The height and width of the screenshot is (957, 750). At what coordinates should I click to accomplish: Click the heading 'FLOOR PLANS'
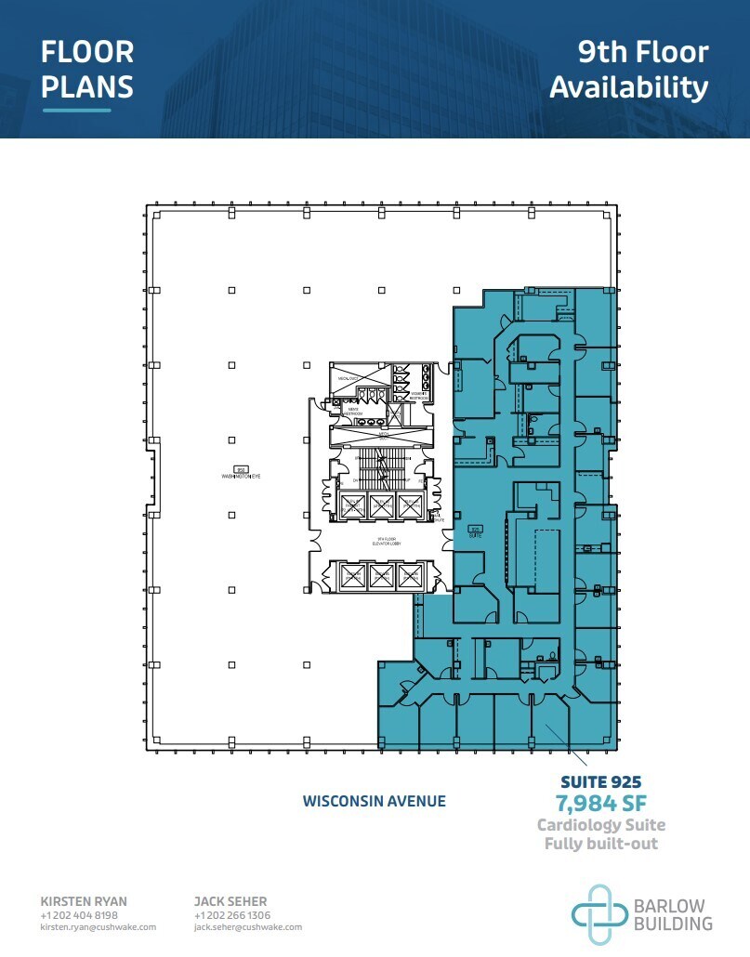click(87, 69)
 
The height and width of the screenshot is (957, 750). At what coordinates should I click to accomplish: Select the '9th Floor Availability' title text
click(629, 69)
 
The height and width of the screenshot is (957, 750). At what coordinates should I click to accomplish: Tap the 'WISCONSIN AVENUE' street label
click(374, 801)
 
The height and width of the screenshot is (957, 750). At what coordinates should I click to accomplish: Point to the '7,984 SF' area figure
click(600, 803)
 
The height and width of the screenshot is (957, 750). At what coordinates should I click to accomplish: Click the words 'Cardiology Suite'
click(600, 825)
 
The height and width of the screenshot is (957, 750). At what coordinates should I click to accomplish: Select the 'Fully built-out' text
click(600, 844)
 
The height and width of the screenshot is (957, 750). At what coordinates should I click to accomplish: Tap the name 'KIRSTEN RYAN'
click(84, 901)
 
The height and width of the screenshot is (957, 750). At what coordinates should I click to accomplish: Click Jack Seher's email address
click(247, 927)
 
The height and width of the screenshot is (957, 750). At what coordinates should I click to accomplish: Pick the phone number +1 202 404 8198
click(80, 915)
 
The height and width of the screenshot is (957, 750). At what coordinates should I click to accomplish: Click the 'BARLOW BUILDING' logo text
click(672, 915)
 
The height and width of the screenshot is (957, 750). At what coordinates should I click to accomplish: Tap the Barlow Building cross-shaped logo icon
click(600, 914)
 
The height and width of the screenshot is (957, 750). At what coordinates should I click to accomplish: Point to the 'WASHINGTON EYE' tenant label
click(241, 475)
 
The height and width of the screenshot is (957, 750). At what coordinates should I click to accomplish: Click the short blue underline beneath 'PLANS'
click(76, 111)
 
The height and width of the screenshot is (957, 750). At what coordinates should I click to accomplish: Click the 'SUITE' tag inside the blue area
click(474, 534)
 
